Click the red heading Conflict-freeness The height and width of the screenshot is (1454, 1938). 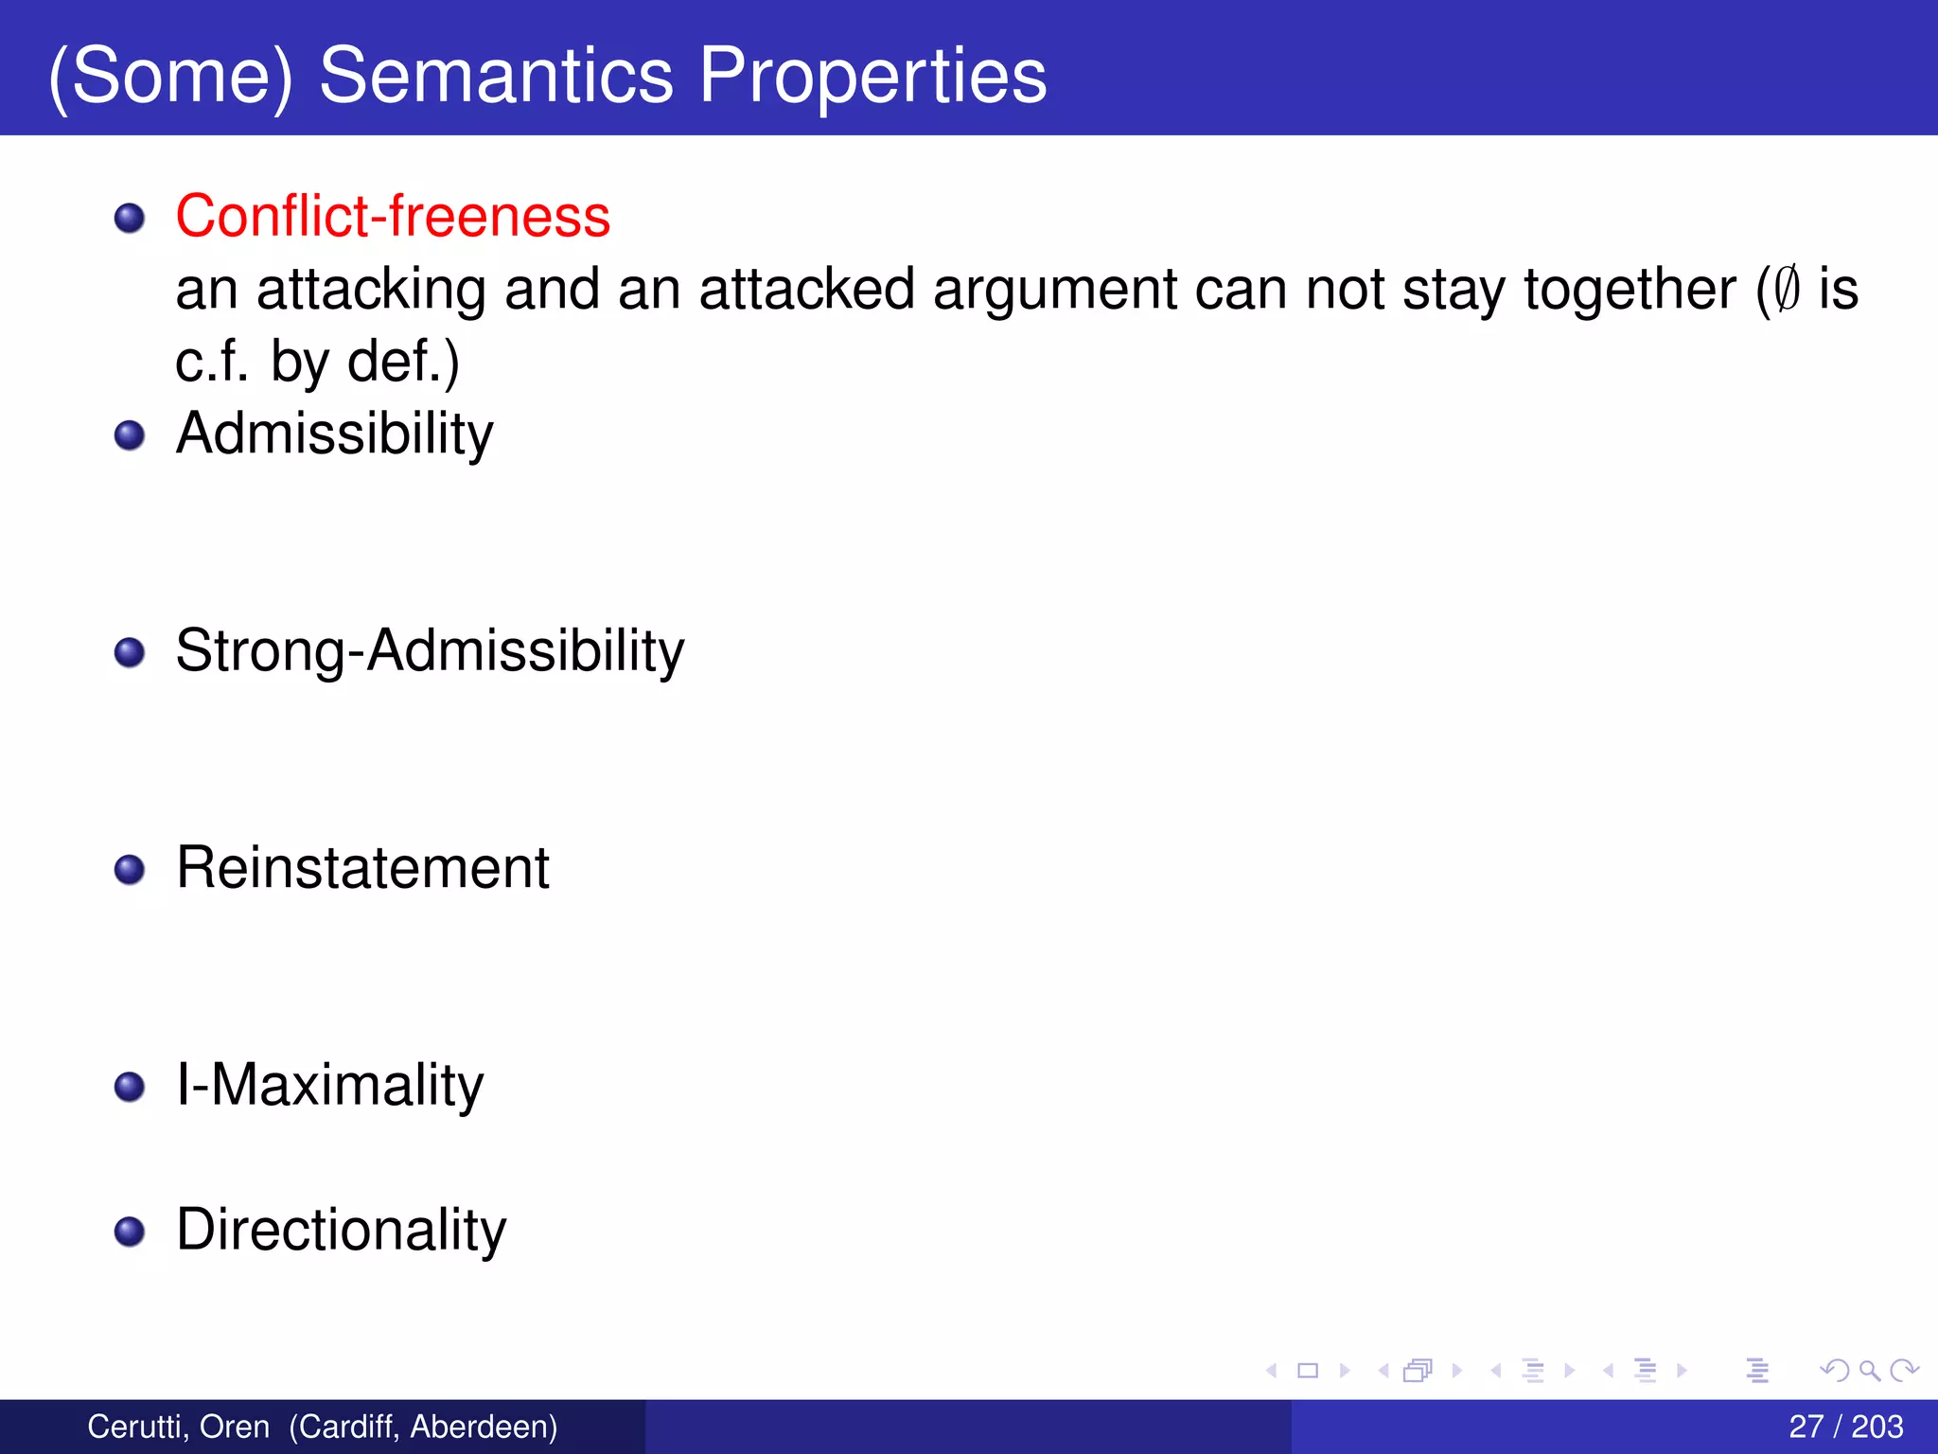click(393, 216)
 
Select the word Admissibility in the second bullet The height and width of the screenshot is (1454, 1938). click(334, 434)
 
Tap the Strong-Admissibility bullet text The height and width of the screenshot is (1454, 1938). click(430, 651)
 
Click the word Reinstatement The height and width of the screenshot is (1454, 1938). click(362, 867)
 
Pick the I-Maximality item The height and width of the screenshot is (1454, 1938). click(329, 1084)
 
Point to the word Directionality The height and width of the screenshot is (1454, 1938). click(341, 1230)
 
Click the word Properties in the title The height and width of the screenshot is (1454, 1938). click(872, 76)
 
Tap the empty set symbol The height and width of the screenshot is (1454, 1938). click(1786, 289)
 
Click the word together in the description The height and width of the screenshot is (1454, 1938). click(1630, 289)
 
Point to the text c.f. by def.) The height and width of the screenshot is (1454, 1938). click(317, 362)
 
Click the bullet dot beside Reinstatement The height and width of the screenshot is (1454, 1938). click(129, 870)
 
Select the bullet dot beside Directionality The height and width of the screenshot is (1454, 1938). click(129, 1232)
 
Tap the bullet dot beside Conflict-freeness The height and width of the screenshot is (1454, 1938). click(129, 219)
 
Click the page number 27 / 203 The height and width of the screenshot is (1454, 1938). click(1845, 1426)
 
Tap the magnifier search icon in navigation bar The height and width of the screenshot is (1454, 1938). click(1869, 1370)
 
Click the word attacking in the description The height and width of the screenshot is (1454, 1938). click(371, 289)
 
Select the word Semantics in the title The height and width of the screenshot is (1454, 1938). click(496, 76)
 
